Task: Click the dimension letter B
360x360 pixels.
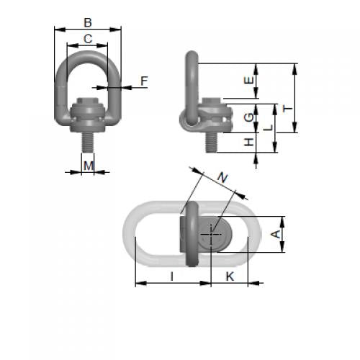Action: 88,22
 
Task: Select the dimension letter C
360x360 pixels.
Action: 88,39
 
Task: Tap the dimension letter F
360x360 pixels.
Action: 144,81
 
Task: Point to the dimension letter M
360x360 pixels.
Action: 89,166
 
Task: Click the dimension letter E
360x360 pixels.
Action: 249,80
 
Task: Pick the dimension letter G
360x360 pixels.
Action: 249,117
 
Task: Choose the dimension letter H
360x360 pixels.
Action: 249,142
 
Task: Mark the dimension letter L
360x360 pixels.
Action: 268,127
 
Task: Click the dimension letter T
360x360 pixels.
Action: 288,109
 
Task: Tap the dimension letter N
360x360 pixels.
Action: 222,178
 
